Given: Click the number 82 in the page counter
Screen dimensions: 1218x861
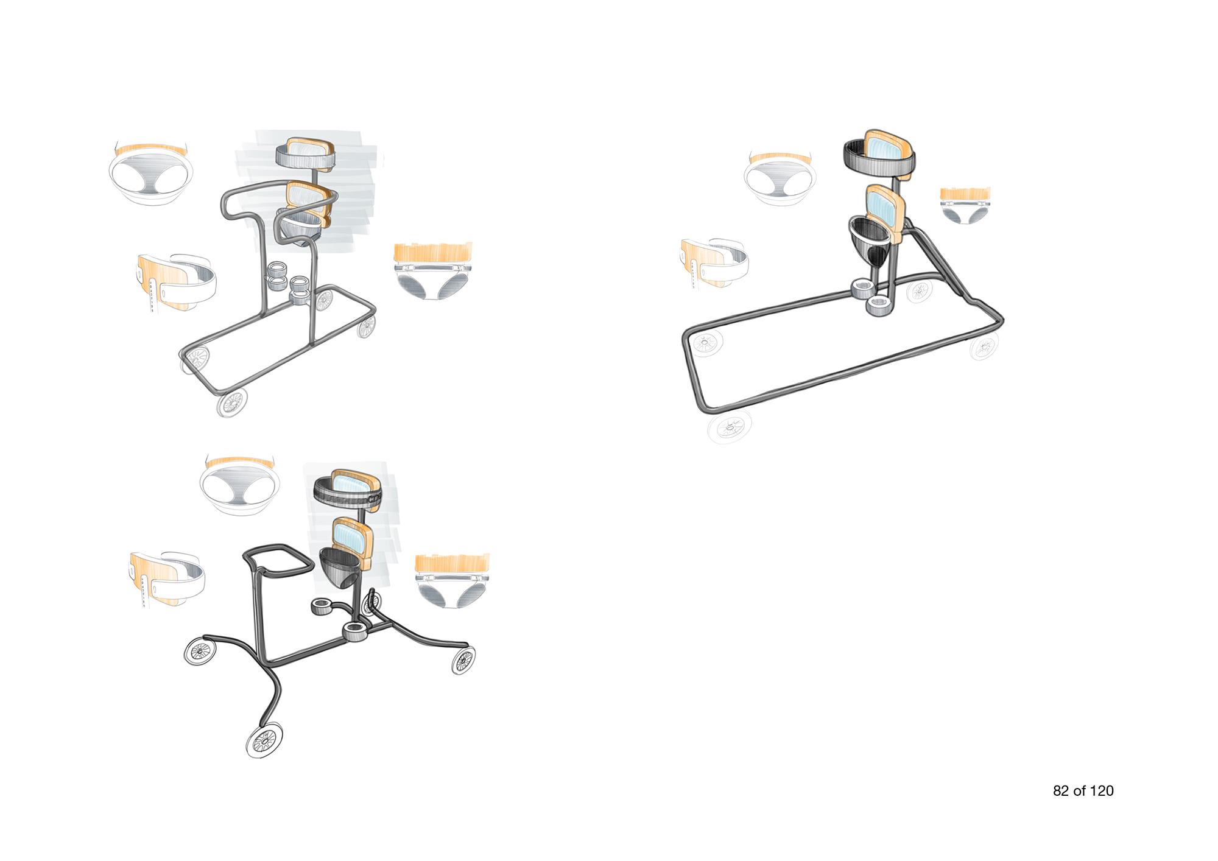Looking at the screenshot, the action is (1060, 791).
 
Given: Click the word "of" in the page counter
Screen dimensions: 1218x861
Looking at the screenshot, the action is (1079, 791).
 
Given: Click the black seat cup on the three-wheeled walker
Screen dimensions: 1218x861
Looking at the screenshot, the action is (341, 566).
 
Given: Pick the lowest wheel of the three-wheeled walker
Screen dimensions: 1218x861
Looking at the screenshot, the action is (265, 740).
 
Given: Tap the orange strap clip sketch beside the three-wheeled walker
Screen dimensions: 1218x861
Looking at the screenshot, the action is (167, 580).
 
